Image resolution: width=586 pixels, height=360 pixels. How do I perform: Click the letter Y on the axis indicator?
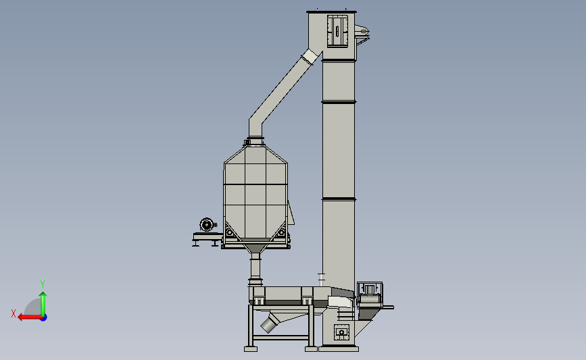(42, 284)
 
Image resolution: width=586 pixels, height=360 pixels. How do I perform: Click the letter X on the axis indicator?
(14, 313)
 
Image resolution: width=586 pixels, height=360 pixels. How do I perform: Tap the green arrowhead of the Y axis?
(43, 295)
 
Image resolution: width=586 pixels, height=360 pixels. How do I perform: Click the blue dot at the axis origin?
(43, 318)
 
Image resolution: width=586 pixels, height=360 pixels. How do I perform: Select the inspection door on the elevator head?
(337, 31)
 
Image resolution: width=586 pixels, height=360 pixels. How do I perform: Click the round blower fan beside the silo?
(206, 225)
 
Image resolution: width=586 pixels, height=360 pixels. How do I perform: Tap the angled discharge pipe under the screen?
(270, 324)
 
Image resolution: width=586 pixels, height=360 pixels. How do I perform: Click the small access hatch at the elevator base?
(341, 332)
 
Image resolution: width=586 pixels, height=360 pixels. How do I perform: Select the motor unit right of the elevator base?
(370, 294)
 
